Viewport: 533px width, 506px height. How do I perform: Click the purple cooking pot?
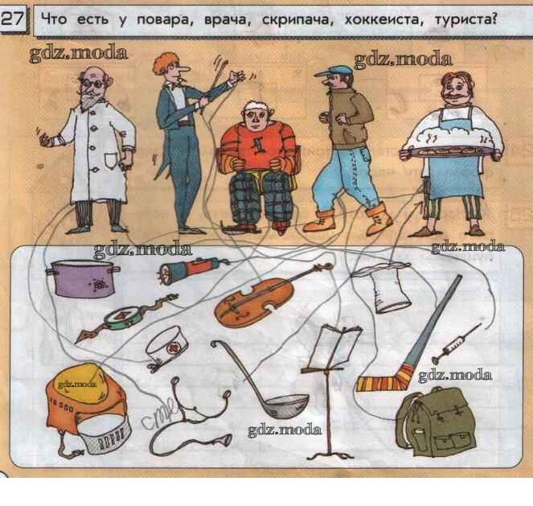(82, 278)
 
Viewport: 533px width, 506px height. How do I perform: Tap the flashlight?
(192, 268)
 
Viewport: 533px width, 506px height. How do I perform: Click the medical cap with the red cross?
(167, 348)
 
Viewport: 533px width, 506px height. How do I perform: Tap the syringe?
(456, 344)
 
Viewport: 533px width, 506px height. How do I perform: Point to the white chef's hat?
(386, 287)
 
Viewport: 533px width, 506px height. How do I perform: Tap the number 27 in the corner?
(13, 19)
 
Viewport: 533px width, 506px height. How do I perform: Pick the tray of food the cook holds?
(449, 150)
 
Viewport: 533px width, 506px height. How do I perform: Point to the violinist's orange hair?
(163, 63)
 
